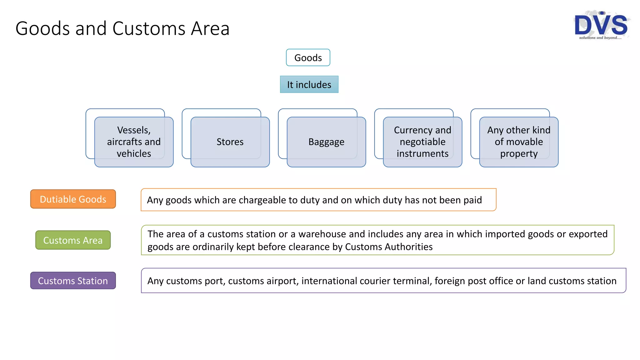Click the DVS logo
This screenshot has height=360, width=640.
[601, 24]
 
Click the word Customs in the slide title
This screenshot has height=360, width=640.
[149, 28]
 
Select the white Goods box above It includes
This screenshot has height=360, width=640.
[308, 57]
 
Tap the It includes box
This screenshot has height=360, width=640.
[309, 84]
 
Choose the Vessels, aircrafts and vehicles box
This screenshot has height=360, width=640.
[134, 142]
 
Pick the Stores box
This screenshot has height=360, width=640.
[230, 142]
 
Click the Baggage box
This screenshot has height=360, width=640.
[326, 142]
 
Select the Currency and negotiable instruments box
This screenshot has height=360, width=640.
[422, 142]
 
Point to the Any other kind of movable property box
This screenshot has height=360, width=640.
[519, 142]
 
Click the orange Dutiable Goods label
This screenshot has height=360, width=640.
[73, 199]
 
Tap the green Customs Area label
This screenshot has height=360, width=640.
[73, 240]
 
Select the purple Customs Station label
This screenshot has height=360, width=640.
[73, 281]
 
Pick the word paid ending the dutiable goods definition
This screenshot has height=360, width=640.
[472, 200]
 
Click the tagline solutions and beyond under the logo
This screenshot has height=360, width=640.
[600, 38]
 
